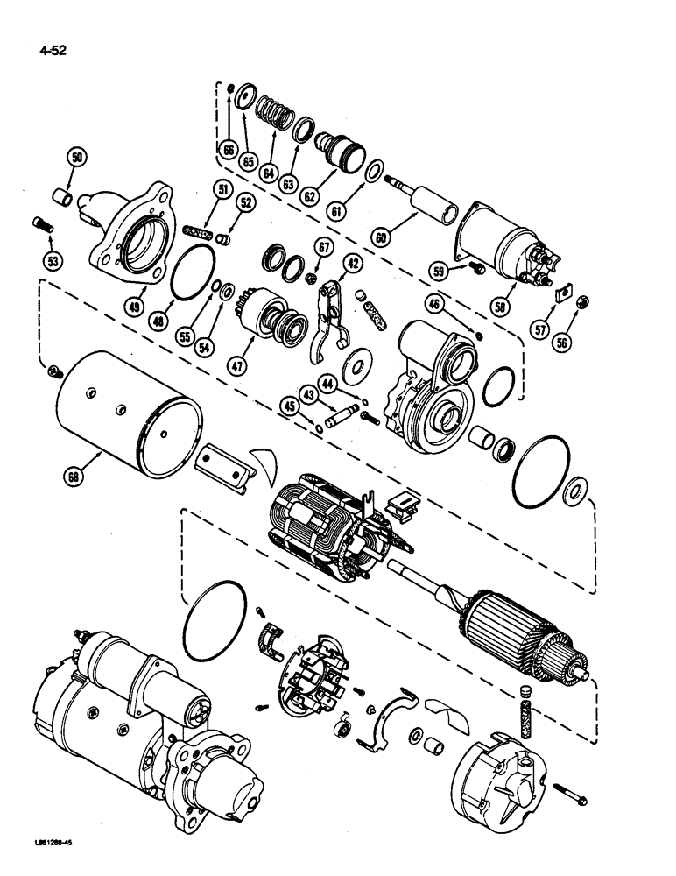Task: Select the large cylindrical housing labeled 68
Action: click(131, 412)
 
